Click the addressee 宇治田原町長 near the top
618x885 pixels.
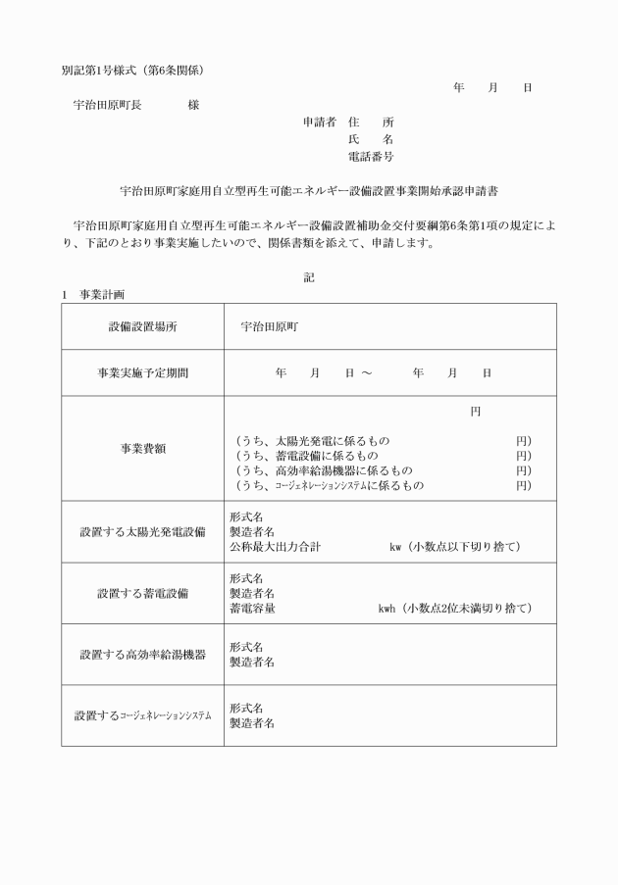(x=107, y=105)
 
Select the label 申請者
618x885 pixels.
(x=319, y=123)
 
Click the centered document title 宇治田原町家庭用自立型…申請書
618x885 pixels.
(x=308, y=190)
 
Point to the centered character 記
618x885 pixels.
(x=309, y=277)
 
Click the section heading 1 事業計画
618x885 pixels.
(x=92, y=294)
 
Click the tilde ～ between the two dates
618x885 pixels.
(x=366, y=373)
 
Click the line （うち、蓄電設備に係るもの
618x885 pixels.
(x=305, y=456)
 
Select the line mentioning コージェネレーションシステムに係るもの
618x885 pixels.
(x=329, y=485)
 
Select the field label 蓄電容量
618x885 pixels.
(x=252, y=609)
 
